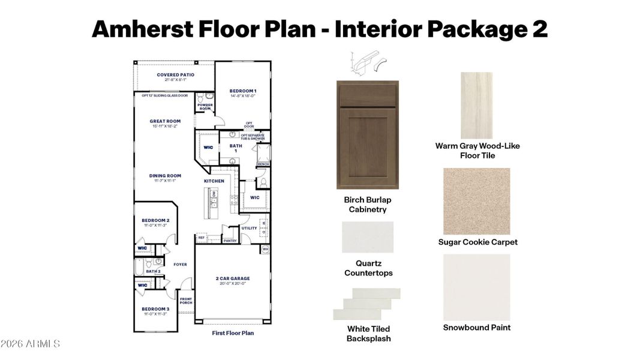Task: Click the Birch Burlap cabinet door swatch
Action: click(367, 135)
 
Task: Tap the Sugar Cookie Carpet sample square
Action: click(476, 201)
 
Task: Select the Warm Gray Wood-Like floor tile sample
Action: click(476, 106)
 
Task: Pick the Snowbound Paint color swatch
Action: click(476, 286)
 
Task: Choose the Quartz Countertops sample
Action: click(368, 237)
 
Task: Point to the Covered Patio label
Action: click(172, 75)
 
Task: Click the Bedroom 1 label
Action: click(243, 91)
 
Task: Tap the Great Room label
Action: click(165, 121)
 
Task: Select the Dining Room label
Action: click(165, 176)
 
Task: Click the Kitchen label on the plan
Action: click(214, 181)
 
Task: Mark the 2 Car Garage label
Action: click(233, 278)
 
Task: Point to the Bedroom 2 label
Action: click(155, 220)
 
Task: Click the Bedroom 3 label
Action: click(155, 309)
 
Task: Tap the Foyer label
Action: click(180, 264)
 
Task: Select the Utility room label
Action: click(249, 228)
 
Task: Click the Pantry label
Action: click(230, 241)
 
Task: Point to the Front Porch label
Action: click(186, 300)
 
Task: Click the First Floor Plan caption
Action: click(233, 332)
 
